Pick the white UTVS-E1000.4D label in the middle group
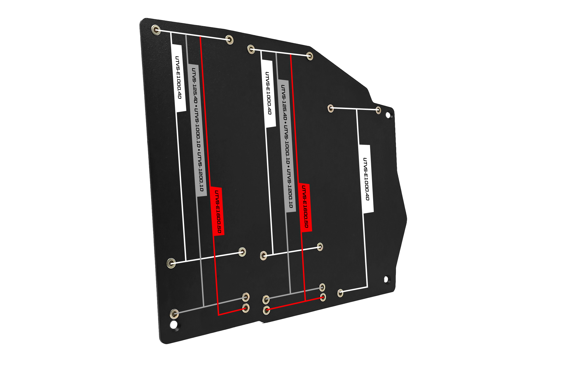tap(268, 93)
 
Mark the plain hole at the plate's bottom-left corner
tap(174, 325)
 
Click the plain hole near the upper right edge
tap(388, 115)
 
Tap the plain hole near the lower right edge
tap(386, 279)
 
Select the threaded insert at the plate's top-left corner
tap(156, 30)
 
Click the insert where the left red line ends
tap(245, 308)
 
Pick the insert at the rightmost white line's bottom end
tap(340, 293)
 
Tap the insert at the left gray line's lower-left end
tap(174, 314)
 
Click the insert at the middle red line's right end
tap(323, 297)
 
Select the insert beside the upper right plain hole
tap(378, 110)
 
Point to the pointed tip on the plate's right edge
tap(407, 220)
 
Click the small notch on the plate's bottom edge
tap(261, 322)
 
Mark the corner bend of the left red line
tap(218, 315)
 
